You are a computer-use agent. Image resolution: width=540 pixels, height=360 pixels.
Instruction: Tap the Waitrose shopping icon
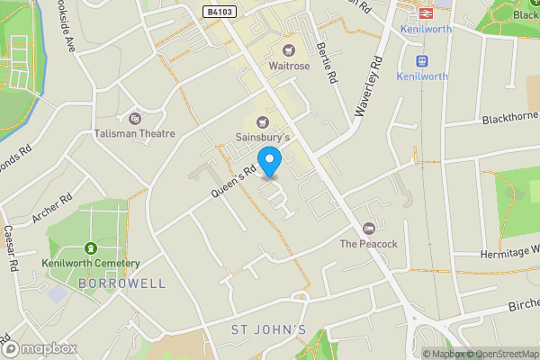[x=288, y=50]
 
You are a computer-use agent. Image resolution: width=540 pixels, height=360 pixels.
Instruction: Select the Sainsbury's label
[x=263, y=137]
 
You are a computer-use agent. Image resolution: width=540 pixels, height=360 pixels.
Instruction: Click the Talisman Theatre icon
[x=135, y=118]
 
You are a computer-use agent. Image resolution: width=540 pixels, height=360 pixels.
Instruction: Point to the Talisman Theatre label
[x=135, y=133]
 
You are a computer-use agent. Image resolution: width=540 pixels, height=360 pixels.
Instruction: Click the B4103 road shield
[x=214, y=12]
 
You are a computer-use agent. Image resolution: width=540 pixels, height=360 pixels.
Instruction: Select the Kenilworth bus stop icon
[x=421, y=61]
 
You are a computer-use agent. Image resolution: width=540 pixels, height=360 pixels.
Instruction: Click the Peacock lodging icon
[x=368, y=229]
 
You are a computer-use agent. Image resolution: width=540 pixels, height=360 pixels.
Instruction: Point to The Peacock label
[x=368, y=244]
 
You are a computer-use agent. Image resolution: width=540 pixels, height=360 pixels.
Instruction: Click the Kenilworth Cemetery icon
[x=90, y=247]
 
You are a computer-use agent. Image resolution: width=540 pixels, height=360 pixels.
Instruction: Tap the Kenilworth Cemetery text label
[x=90, y=263]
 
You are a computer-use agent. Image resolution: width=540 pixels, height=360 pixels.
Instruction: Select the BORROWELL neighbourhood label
[x=121, y=283]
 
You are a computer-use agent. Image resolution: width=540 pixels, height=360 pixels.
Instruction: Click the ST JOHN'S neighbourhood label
[x=269, y=330]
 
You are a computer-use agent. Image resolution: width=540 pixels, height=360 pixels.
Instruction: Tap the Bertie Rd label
[x=327, y=64]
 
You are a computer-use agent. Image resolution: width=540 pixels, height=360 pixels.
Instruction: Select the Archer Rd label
[x=52, y=209]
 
